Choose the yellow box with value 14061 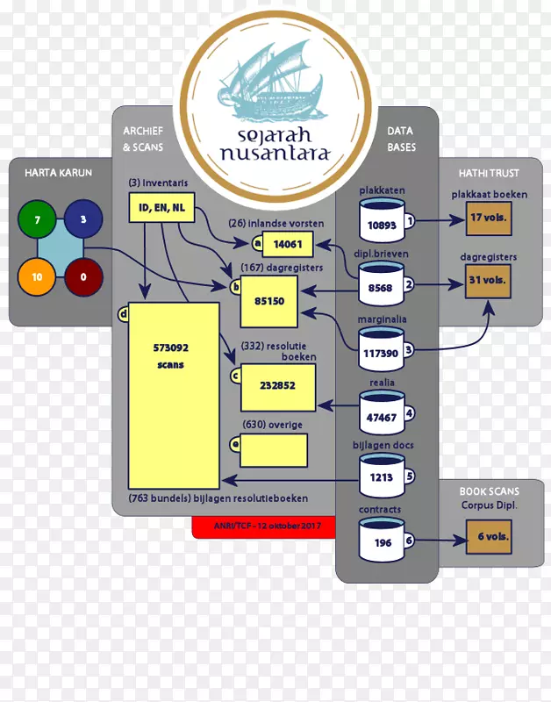tap(288, 245)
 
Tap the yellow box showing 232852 tap(277, 385)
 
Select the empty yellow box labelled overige tap(274, 450)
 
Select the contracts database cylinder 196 tap(382, 540)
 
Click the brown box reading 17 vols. tap(489, 218)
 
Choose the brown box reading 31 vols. tap(489, 281)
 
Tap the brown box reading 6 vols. tap(489, 536)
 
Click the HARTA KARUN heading tap(58, 172)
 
